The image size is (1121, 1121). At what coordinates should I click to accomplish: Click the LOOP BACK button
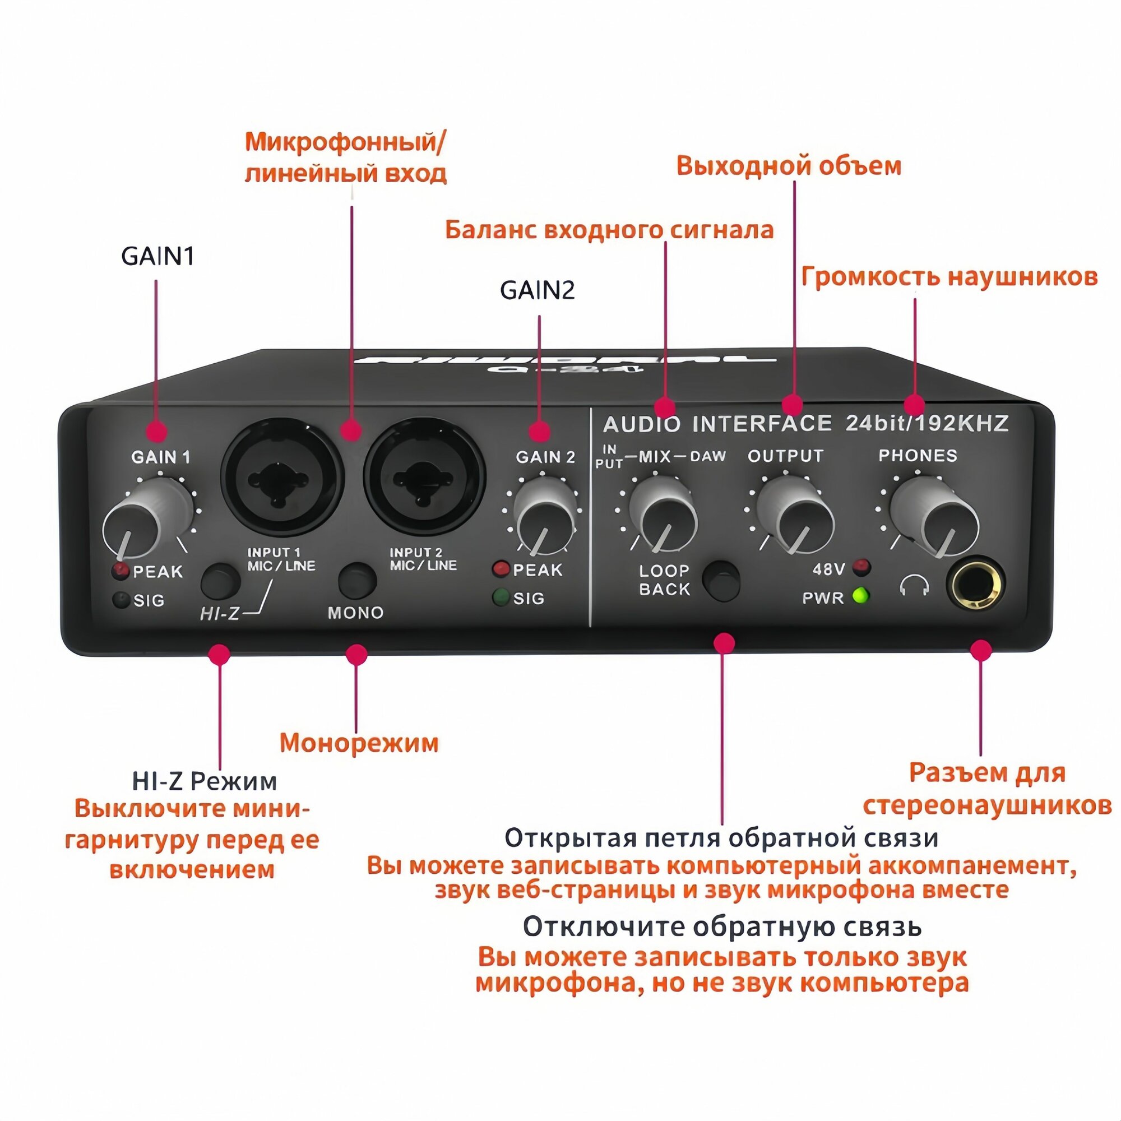[721, 580]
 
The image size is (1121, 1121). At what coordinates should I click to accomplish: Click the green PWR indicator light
[860, 596]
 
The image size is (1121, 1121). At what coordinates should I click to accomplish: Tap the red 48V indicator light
[861, 567]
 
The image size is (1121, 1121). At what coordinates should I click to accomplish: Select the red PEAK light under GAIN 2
[500, 568]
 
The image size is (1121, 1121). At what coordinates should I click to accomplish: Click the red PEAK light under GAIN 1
[120, 571]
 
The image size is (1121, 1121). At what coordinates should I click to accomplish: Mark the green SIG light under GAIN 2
[500, 597]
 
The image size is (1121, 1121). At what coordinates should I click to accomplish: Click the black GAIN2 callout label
[537, 290]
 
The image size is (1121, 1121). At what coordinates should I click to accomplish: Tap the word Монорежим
[359, 743]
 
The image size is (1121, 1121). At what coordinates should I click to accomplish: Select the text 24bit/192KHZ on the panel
[927, 423]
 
